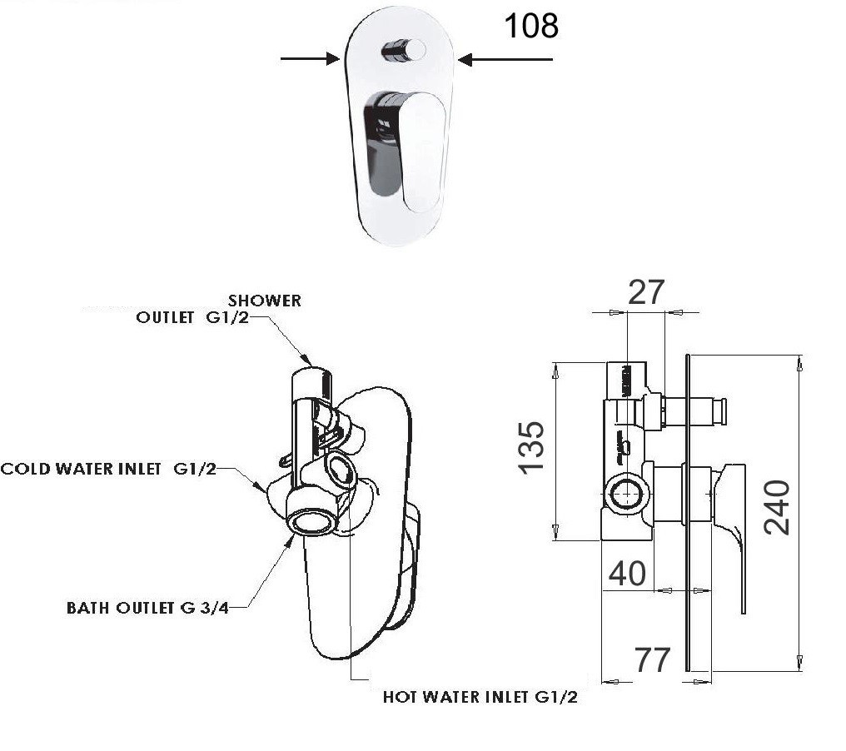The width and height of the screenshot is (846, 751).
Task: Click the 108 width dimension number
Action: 531,26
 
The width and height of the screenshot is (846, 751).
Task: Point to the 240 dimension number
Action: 776,507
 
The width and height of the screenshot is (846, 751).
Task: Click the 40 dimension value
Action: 627,573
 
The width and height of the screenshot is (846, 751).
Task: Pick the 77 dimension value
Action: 652,659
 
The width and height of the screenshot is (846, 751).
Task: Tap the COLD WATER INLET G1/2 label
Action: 108,469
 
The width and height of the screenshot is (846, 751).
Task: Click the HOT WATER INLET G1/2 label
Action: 480,697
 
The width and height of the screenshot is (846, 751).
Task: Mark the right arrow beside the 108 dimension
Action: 505,59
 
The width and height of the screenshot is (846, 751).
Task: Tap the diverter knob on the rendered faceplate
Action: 402,52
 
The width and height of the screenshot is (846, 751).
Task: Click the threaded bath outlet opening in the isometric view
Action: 312,522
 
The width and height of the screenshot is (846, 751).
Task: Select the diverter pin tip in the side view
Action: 720,410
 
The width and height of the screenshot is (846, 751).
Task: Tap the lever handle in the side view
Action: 733,533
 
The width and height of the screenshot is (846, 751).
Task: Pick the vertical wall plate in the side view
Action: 687,512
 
